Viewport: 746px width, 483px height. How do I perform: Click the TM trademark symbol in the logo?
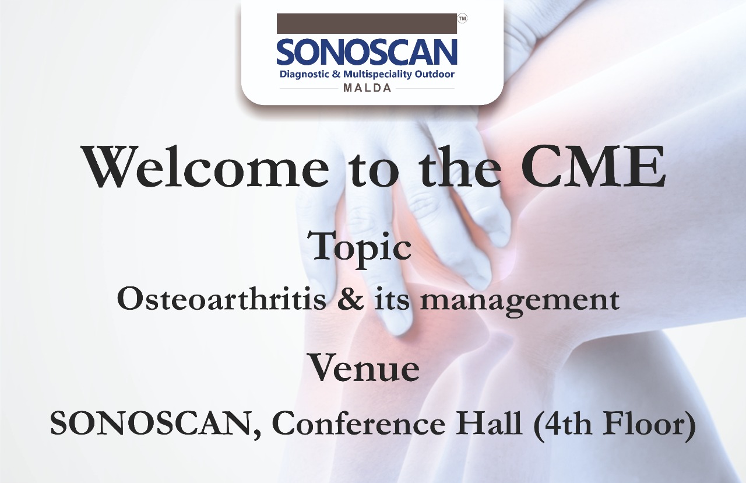point(463,19)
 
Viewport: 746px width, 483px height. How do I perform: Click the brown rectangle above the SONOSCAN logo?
point(367,23)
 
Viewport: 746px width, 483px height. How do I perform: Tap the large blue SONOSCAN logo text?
point(367,52)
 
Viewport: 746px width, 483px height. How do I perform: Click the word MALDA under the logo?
point(367,88)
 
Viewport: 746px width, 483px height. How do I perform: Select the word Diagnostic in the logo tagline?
point(304,74)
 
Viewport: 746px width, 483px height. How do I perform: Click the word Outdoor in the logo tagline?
point(434,73)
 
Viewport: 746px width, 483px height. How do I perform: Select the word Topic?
point(362,248)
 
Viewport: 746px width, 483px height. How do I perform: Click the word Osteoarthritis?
point(221,298)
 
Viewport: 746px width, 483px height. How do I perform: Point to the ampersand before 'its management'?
point(350,299)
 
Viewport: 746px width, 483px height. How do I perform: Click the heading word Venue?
point(364,369)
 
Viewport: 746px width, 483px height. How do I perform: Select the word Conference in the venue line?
point(359,423)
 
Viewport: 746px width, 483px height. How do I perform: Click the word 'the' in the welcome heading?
point(460,166)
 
